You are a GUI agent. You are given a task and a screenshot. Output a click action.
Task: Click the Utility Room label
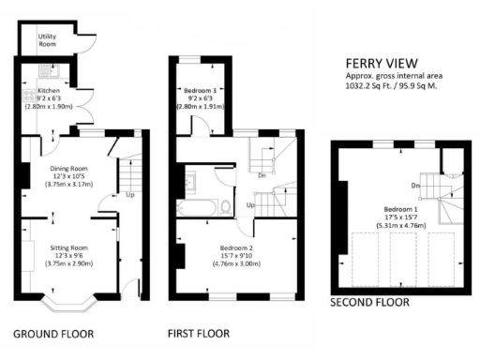click(x=47, y=39)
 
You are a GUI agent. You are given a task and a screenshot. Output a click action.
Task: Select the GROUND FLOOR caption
click(x=53, y=334)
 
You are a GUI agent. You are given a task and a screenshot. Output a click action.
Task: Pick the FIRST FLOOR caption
click(x=198, y=334)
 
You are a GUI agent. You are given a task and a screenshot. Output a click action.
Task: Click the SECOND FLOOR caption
click(x=369, y=303)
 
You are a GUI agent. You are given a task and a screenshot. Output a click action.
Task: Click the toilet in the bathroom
click(x=226, y=205)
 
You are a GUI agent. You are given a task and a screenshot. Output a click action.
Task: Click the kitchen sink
click(x=42, y=71)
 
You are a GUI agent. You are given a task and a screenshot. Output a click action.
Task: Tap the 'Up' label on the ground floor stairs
click(x=129, y=196)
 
